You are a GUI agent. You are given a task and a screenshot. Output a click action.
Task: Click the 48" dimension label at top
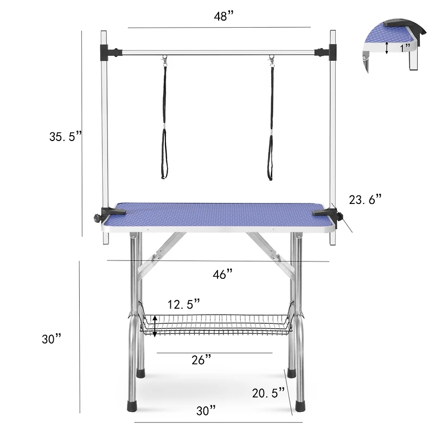(223, 16)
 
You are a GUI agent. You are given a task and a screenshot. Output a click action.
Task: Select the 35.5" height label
(65, 137)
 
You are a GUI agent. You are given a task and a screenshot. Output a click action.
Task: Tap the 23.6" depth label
(365, 200)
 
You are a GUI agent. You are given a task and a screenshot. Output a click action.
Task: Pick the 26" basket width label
(201, 360)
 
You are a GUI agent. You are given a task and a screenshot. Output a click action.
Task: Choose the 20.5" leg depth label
(268, 392)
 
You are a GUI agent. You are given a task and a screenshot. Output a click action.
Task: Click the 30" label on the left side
(52, 339)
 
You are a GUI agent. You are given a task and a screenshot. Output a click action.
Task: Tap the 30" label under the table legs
(206, 411)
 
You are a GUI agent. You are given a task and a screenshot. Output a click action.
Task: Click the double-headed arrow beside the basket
(155, 326)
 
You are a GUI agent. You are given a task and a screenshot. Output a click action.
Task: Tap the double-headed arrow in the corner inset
(386, 48)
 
